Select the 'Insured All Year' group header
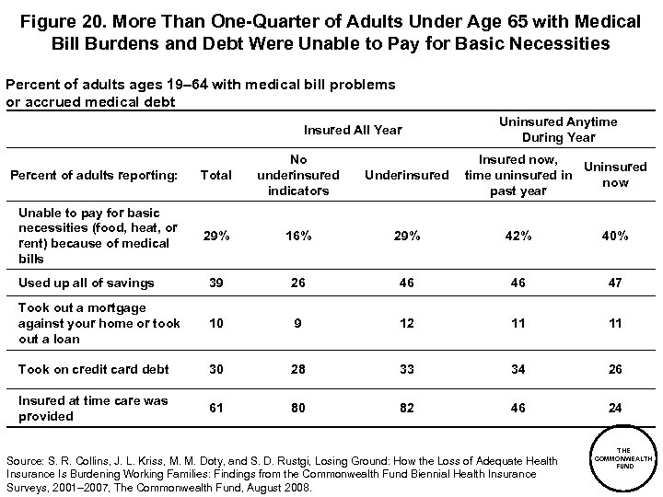tap(353, 130)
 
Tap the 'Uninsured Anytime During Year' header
tap(557, 130)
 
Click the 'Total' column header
tap(215, 175)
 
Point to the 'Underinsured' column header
tap(406, 175)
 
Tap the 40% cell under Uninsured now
tap(615, 236)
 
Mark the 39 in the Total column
tap(215, 283)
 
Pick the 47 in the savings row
tap(615, 283)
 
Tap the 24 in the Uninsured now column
tap(615, 408)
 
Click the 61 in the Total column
tap(215, 408)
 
